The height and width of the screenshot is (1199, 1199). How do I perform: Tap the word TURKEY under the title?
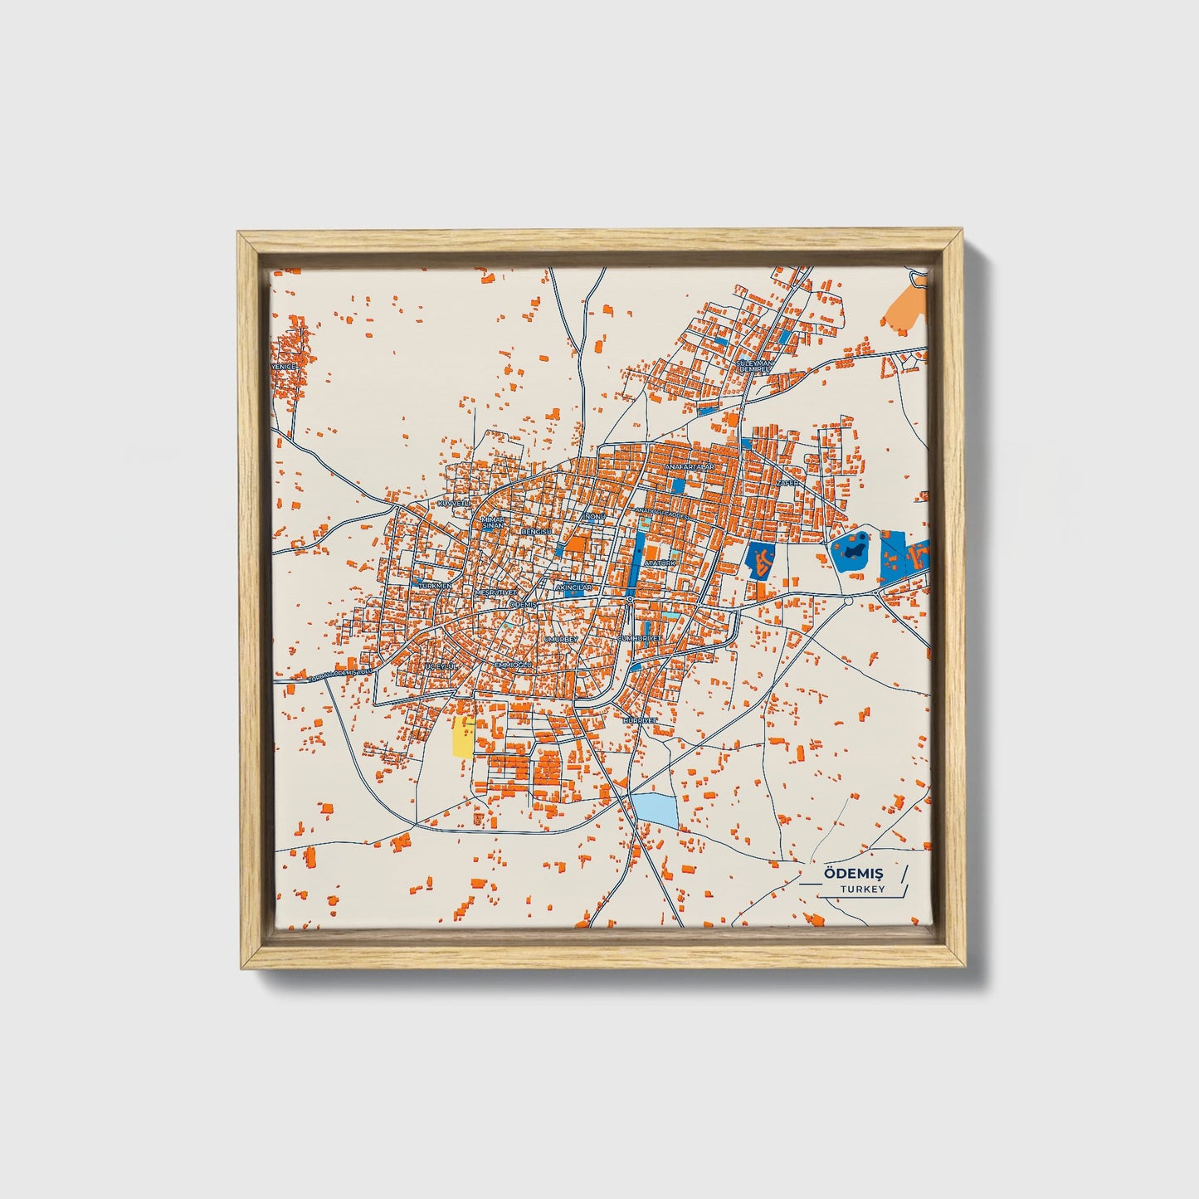pyautogui.click(x=862, y=890)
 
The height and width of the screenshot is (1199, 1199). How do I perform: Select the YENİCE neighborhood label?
pyautogui.click(x=284, y=366)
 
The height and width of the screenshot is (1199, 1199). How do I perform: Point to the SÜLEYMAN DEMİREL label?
pyautogui.click(x=755, y=366)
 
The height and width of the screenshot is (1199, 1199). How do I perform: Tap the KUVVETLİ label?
pyautogui.click(x=453, y=504)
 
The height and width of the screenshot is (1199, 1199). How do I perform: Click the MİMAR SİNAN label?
pyautogui.click(x=493, y=523)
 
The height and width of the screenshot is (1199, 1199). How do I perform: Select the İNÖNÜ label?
pyautogui.click(x=594, y=516)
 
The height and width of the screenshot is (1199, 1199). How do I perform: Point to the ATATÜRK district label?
pyautogui.click(x=660, y=563)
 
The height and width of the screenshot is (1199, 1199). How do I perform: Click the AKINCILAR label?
pyautogui.click(x=574, y=587)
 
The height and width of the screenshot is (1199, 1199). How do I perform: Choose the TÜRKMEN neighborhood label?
pyautogui.click(x=436, y=586)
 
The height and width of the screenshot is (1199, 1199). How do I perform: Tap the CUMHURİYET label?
pyautogui.click(x=639, y=638)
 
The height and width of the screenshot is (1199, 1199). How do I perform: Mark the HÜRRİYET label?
pyautogui.click(x=641, y=720)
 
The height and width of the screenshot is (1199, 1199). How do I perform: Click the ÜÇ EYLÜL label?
pyautogui.click(x=441, y=667)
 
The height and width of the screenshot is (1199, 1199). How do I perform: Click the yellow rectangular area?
pyautogui.click(x=462, y=738)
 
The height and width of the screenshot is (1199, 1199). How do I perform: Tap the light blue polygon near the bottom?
pyautogui.click(x=655, y=809)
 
